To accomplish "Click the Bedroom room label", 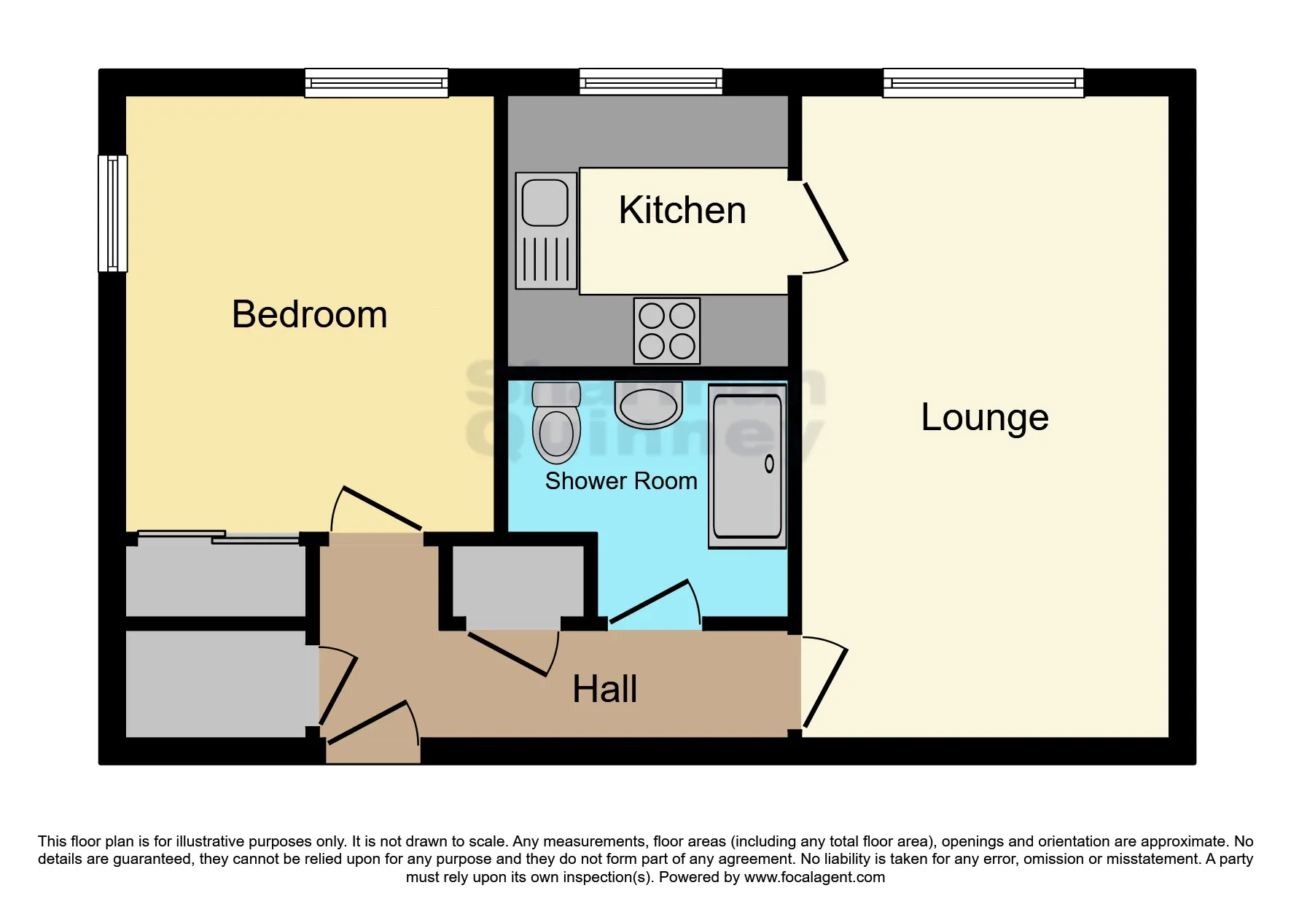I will coord(309,315).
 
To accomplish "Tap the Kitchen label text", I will coord(682,211).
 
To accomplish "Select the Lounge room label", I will coord(984,417).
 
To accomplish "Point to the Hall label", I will coord(604,689).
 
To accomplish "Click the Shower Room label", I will coord(621,481).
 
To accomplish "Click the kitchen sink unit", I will coord(546,230).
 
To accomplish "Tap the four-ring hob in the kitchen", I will coord(666,330).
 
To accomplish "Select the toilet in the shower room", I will coord(556,424).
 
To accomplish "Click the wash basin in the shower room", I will coord(648,405).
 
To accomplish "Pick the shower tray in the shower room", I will coord(747,466).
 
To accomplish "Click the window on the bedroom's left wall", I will coord(112,213).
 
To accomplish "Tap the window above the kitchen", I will coord(650,82).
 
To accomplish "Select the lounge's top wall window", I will coord(983,82).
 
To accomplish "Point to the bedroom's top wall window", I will coord(376,82).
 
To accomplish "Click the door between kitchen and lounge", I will coord(825,224).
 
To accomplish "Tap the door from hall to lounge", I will coord(825,685).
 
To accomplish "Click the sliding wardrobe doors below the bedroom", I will coord(218,537).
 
